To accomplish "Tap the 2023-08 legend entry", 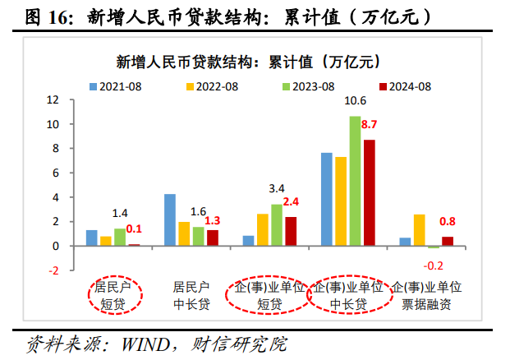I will tap(307, 85).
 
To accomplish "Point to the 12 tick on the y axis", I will tap(54, 100).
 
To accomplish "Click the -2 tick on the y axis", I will tap(54, 270).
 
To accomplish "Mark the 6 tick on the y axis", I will tap(56, 173).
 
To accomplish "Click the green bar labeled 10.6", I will tap(355, 181).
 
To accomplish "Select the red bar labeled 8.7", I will tap(369, 192).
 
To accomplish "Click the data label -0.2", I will tap(433, 265).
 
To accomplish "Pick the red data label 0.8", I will tap(448, 221).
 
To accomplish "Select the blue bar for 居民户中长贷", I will tap(170, 219).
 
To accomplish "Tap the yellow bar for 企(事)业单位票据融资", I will tap(419, 230).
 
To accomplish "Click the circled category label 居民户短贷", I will tap(115, 295).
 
